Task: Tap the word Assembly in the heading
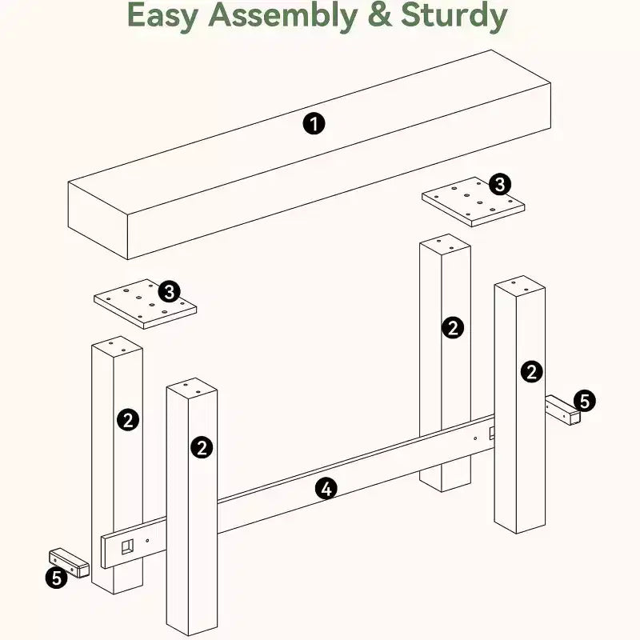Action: pos(282,16)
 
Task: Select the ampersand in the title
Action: pos(379,16)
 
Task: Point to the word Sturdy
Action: pos(454,17)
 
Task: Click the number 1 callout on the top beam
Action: pos(314,124)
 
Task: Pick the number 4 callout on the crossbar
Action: pos(326,489)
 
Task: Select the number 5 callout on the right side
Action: pos(585,401)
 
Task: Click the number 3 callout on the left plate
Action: pos(169,291)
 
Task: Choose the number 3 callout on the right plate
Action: pos(500,184)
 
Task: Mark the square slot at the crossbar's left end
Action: pos(127,546)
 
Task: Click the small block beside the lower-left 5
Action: pos(70,563)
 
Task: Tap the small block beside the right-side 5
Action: pos(563,410)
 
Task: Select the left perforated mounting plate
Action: pos(145,304)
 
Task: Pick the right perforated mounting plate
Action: pos(473,202)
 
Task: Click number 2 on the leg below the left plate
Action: pos(128,419)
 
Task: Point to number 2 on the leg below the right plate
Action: pos(453,327)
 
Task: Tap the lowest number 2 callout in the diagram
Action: pos(202,447)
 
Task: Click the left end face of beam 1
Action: pos(98,221)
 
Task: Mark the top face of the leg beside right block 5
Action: pos(519,286)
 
